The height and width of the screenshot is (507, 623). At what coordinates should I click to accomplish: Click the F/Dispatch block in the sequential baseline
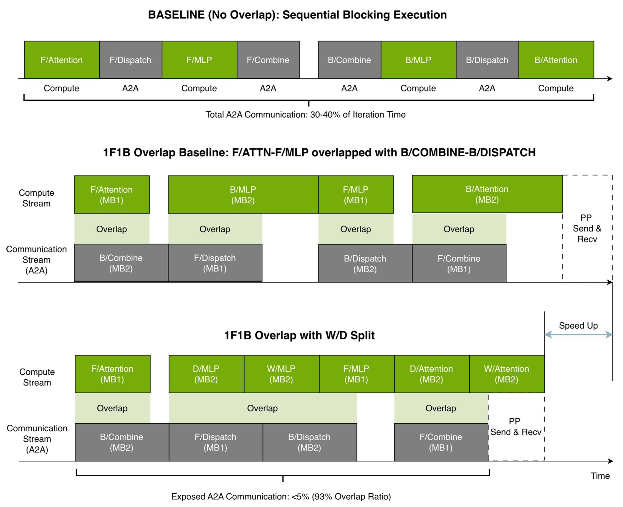(x=130, y=60)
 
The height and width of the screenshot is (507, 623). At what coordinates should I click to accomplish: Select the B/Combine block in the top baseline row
(x=349, y=60)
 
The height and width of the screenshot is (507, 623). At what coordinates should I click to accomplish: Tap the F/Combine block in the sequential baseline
(x=268, y=60)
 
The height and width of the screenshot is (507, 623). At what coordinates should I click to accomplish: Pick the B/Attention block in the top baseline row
(x=556, y=60)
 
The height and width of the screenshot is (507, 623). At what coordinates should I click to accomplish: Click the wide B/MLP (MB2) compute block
(x=243, y=194)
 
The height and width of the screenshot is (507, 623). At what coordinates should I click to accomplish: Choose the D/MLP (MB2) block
(x=206, y=374)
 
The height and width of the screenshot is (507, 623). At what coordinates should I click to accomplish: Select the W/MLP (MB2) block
(x=281, y=374)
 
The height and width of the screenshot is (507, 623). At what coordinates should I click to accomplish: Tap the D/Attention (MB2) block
(x=431, y=374)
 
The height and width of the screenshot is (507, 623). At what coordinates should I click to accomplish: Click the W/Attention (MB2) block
(x=506, y=374)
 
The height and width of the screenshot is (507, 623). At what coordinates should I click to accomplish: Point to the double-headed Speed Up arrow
(x=578, y=335)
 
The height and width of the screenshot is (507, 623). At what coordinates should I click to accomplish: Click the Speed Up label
(x=578, y=325)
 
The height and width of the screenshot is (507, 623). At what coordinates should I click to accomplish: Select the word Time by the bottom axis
(x=600, y=476)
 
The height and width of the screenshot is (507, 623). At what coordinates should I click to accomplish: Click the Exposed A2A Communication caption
(x=281, y=496)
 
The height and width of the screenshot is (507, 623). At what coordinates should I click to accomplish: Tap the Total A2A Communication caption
(x=305, y=114)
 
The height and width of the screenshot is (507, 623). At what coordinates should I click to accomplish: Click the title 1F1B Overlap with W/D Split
(x=299, y=335)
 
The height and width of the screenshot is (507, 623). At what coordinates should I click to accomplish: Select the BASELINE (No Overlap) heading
(x=297, y=15)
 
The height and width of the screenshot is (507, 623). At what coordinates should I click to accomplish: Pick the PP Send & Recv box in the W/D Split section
(x=516, y=426)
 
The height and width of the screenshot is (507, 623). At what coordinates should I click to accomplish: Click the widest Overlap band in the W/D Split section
(x=262, y=408)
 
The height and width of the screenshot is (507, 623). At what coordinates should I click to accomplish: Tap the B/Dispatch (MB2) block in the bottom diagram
(x=309, y=442)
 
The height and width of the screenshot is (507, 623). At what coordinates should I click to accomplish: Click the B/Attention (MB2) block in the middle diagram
(x=487, y=194)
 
